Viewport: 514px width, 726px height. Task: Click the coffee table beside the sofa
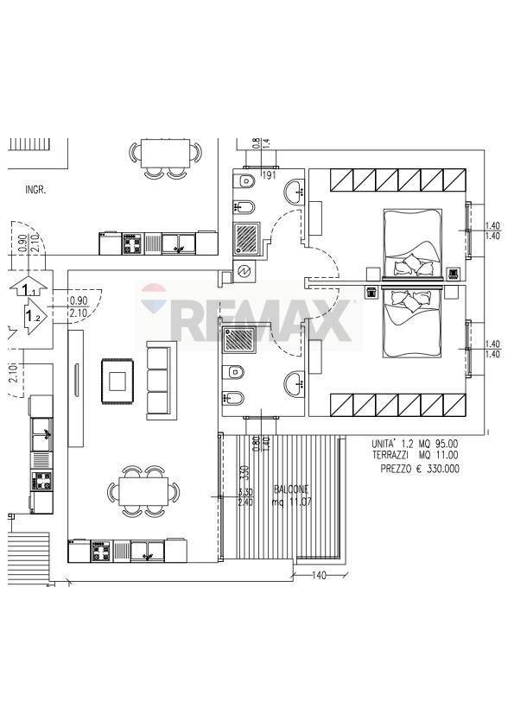pyautogui.click(x=117, y=380)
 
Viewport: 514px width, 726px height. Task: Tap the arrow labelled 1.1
pyautogui.click(x=30, y=288)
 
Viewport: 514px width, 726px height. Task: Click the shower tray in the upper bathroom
pyautogui.click(x=250, y=237)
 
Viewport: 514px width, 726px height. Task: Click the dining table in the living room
pyautogui.click(x=144, y=492)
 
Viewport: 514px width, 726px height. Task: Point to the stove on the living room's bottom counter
pyautogui.click(x=100, y=550)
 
